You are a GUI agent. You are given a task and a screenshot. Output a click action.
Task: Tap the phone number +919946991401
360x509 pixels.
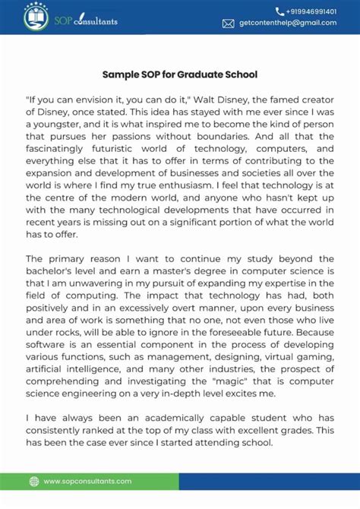coord(311,11)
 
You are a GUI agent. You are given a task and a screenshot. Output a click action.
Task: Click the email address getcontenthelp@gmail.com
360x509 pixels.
coord(288,24)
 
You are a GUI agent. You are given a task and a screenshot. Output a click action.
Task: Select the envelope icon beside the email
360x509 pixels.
coord(228,24)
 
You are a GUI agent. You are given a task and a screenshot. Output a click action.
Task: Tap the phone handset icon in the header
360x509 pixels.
coord(279,11)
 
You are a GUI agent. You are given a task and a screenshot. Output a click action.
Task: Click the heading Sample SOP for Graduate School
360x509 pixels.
coord(180,74)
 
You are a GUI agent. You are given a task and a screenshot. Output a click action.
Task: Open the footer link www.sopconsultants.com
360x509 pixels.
coord(87,481)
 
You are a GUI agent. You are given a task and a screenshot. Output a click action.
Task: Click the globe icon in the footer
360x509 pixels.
coord(33,481)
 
